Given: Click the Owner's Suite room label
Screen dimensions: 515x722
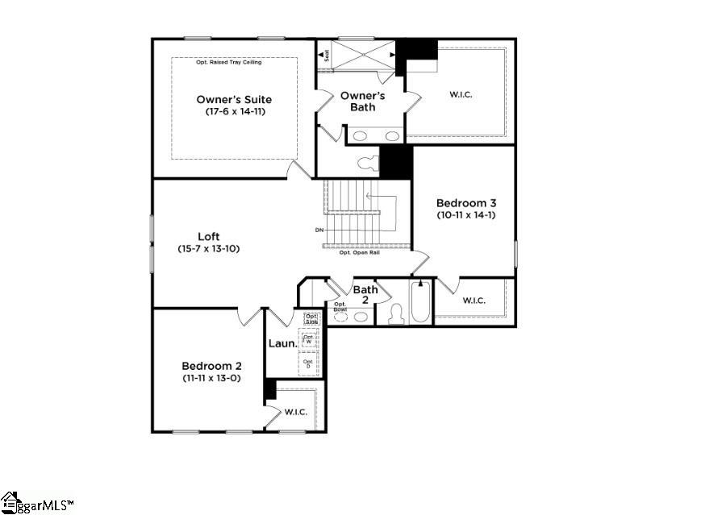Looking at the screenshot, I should [234, 100].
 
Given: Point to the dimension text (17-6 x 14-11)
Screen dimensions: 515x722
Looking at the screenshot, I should [234, 112].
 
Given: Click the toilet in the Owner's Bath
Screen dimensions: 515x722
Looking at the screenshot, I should [367, 164].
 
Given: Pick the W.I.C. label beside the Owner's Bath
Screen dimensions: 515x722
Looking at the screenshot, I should [460, 95].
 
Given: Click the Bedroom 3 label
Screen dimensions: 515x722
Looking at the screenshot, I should [461, 203].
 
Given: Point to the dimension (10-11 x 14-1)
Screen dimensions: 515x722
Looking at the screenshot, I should [461, 215].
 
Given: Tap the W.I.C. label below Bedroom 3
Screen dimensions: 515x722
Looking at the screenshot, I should [474, 301].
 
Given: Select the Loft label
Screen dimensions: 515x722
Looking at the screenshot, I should [209, 237].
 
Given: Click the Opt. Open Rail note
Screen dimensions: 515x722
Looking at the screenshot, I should [359, 252].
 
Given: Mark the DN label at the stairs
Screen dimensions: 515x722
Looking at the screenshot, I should [319, 231].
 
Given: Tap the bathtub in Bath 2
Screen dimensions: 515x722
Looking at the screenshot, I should [419, 304].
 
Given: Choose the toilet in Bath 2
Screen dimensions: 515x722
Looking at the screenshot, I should [396, 313].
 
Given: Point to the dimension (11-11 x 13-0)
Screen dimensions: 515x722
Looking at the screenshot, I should [210, 377].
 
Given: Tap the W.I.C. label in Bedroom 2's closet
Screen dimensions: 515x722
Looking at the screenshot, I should [295, 412].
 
